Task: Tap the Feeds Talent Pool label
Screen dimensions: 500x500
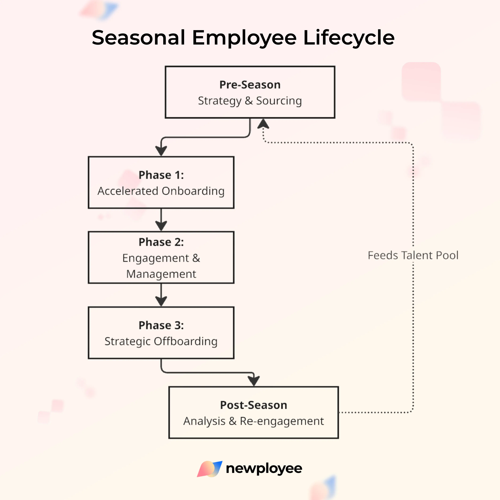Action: tap(413, 255)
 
